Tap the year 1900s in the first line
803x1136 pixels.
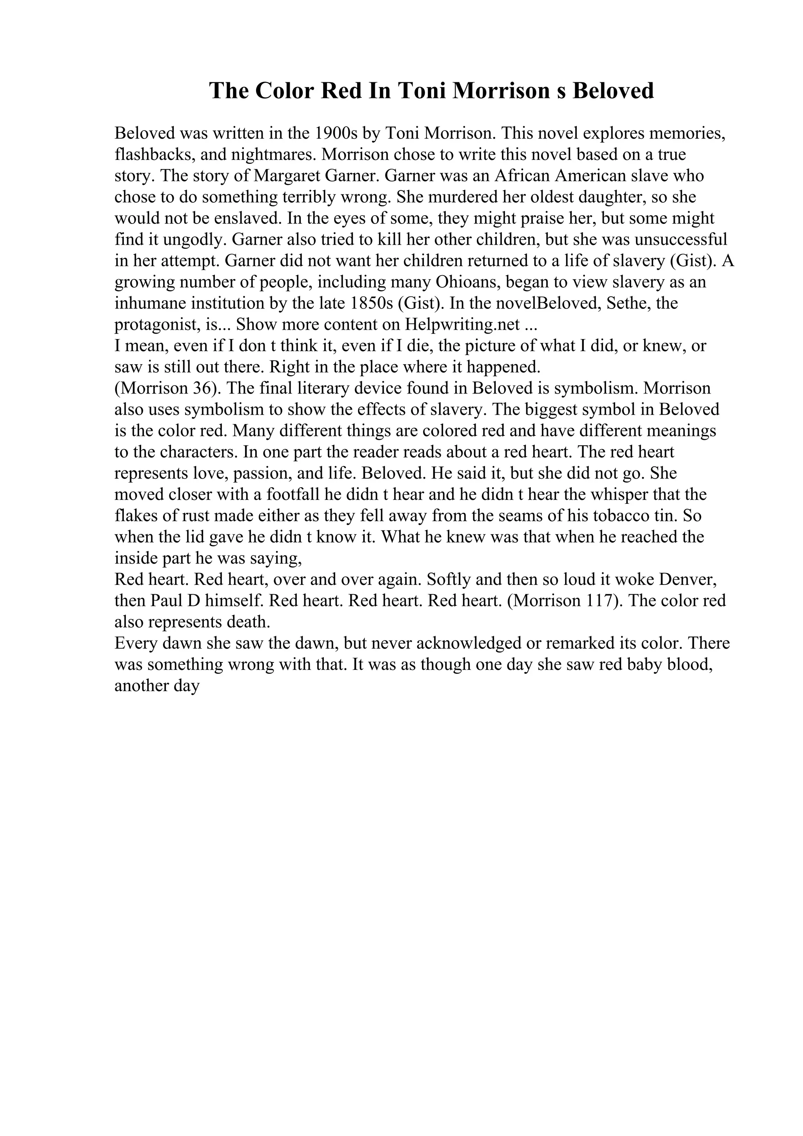coord(336,133)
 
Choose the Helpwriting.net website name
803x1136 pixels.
coord(463,324)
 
